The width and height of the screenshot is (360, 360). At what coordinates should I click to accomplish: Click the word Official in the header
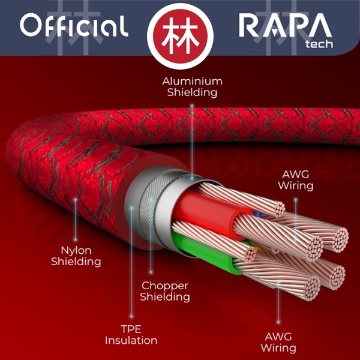click(x=74, y=26)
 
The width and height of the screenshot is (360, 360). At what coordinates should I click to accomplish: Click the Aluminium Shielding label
click(x=193, y=86)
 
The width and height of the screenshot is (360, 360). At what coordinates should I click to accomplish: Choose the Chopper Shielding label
click(x=165, y=291)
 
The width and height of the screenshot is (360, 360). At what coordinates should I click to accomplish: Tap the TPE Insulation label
click(x=131, y=334)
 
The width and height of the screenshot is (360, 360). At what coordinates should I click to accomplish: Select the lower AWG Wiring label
click(x=278, y=341)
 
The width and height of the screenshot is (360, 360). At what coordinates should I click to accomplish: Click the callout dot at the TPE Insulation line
click(x=131, y=208)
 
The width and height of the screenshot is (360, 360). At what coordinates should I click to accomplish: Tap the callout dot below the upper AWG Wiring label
click(x=296, y=197)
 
